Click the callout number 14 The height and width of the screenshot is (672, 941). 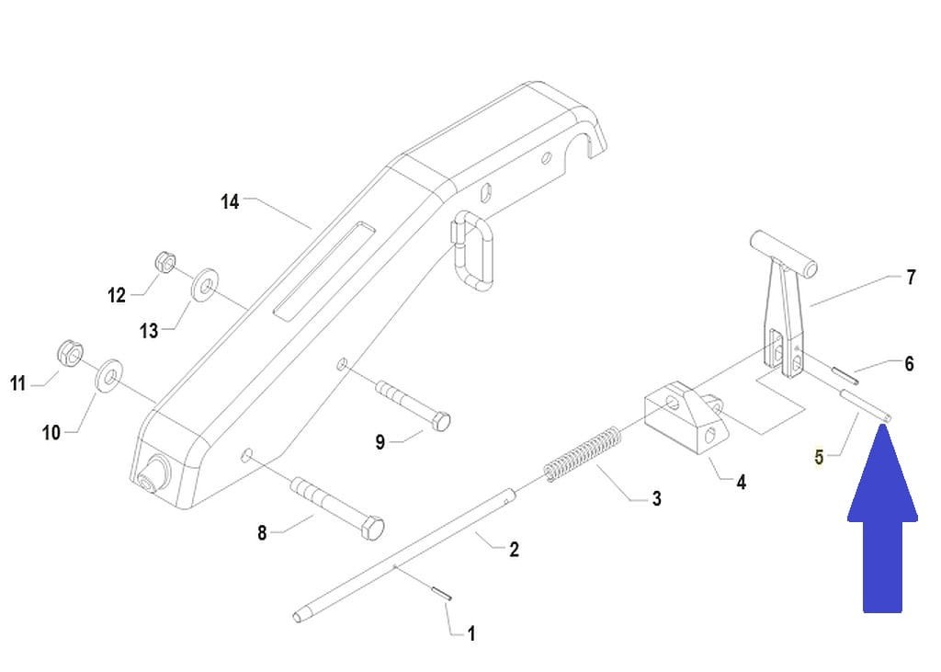coord(230,201)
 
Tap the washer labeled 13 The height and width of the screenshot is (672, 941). coord(204,285)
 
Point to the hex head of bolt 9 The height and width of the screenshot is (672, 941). coord(440,423)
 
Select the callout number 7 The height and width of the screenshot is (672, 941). coord(911,277)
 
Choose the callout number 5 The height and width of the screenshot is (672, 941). coord(819,456)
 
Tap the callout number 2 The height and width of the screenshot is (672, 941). coord(514,549)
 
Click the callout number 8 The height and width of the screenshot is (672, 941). coord(262,532)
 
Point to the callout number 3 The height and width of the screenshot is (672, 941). coord(656,498)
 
